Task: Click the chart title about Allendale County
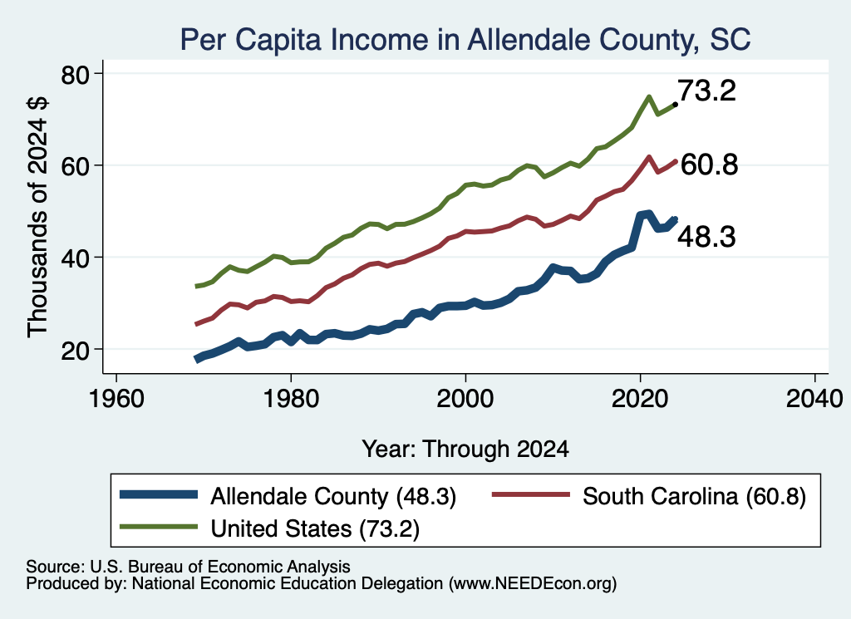tap(465, 40)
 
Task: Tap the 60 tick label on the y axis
tap(75, 166)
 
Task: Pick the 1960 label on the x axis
tap(116, 399)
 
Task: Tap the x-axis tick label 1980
tap(291, 399)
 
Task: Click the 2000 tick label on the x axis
tap(465, 399)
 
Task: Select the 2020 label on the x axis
tap(640, 399)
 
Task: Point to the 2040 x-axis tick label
tap(814, 399)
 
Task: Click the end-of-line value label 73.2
tap(706, 91)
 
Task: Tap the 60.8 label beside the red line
tap(709, 165)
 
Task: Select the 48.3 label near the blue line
tap(706, 237)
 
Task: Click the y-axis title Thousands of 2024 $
tap(37, 217)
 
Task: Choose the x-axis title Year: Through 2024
tap(465, 450)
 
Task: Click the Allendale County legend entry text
tap(333, 496)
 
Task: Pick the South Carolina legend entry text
tap(694, 496)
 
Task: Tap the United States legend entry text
tap(315, 529)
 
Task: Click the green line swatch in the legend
tap(158, 527)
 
